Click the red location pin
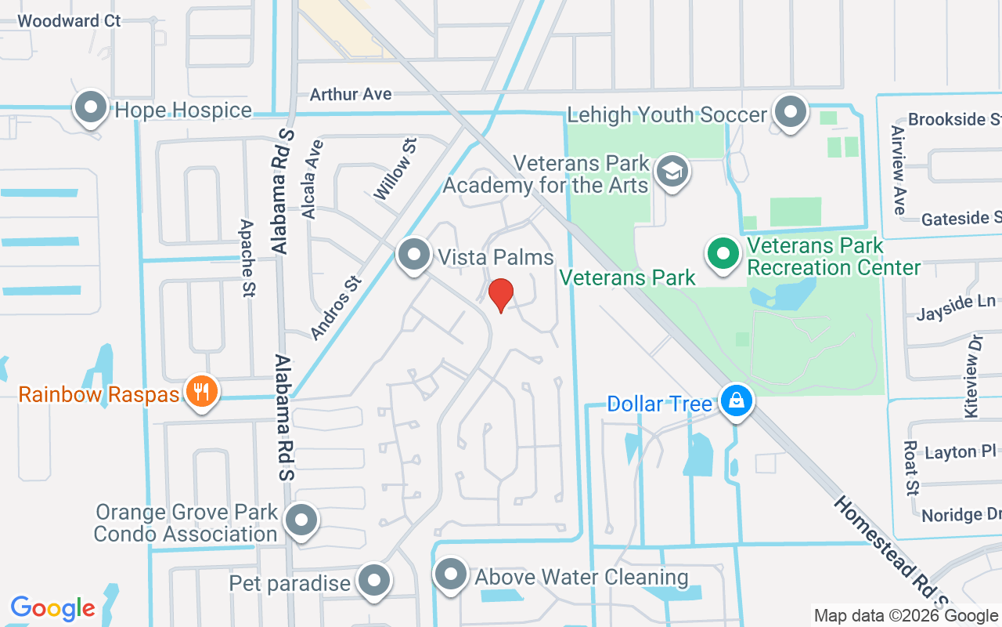(500, 295)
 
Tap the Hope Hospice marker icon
(91, 107)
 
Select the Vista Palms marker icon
(413, 255)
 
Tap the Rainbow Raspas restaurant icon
(202, 391)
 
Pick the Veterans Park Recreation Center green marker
(723, 254)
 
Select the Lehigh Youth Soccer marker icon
(791, 112)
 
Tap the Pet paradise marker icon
(374, 582)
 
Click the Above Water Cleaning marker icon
(450, 574)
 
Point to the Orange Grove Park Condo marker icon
(301, 520)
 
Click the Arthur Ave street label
(351, 94)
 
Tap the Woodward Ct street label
(69, 20)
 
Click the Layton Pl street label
(950, 453)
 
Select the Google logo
(52, 607)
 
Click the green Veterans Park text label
(628, 277)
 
